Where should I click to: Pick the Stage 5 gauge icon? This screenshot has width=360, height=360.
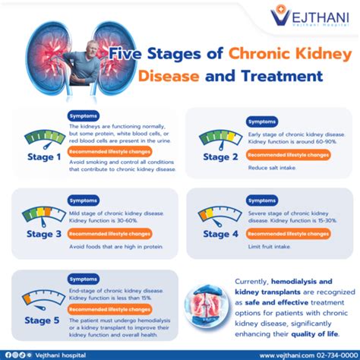point(43,295)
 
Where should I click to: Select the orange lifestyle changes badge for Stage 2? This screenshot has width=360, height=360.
point(287,155)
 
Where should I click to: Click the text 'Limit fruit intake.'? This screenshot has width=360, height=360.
point(267,248)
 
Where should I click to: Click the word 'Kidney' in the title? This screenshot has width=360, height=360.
point(295,55)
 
